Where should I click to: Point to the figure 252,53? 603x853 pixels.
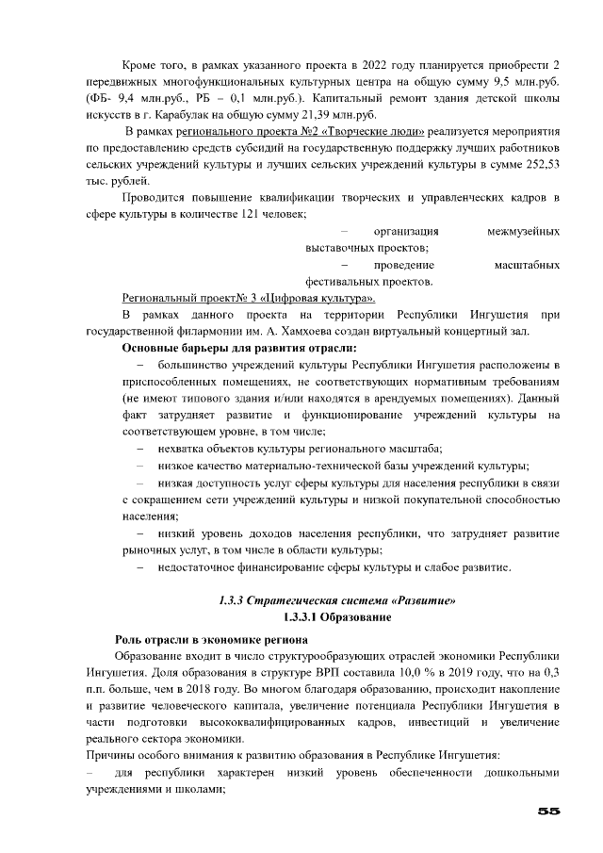pos(541,164)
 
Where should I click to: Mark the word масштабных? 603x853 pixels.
pos(526,265)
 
